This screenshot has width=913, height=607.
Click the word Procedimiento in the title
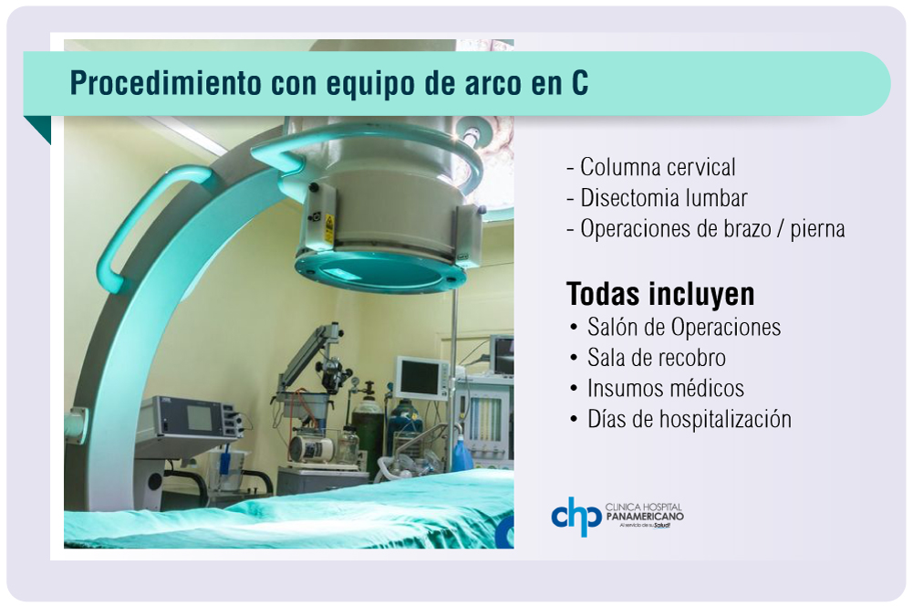(x=165, y=83)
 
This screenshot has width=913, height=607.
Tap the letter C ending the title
(x=579, y=83)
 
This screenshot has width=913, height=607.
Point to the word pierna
(x=817, y=229)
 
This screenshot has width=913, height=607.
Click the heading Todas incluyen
(x=660, y=294)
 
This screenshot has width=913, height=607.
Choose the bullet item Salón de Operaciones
(x=683, y=328)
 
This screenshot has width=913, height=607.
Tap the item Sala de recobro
(x=656, y=358)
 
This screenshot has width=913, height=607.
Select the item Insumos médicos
(x=666, y=389)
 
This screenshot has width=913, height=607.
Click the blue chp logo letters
(x=576, y=516)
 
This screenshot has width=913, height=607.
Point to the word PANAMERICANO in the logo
(x=645, y=517)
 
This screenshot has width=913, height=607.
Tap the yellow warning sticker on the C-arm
(x=328, y=229)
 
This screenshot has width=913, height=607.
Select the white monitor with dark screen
(x=422, y=378)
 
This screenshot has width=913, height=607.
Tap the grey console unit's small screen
(x=200, y=418)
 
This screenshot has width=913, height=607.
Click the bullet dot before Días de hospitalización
(x=574, y=420)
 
